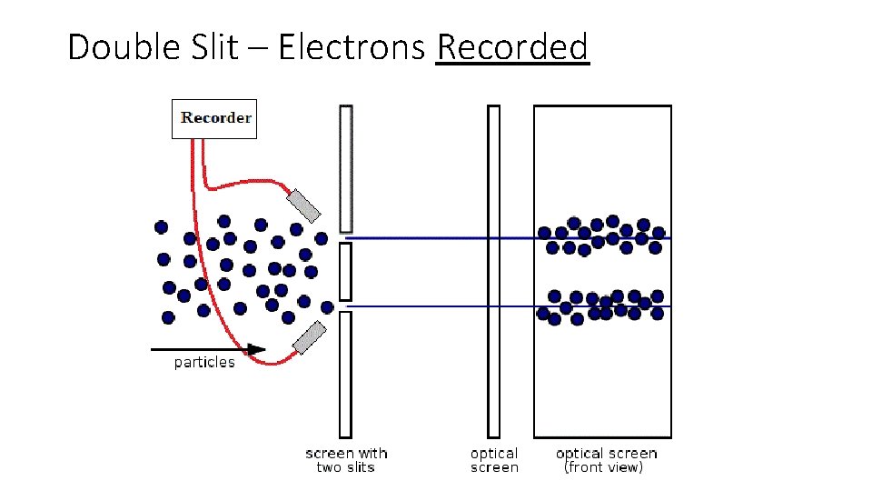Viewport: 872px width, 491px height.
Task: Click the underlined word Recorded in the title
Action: pos(512,47)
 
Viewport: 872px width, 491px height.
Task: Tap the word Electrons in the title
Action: pos(351,47)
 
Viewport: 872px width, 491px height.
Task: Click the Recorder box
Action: pos(214,119)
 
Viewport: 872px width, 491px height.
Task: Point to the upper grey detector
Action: pos(303,205)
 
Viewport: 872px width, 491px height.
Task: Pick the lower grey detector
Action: pos(309,337)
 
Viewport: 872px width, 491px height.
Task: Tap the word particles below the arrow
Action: pos(204,363)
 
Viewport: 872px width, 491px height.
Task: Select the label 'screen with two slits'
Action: pos(346,460)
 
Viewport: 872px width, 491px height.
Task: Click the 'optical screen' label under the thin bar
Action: pos(494,460)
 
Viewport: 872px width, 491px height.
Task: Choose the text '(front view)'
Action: pos(604,467)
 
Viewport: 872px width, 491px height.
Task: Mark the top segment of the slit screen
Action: pos(345,168)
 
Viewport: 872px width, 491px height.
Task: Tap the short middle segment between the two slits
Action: pos(345,271)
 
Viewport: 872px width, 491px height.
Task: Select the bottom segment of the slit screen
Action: pos(345,374)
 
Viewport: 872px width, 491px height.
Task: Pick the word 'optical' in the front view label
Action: pos(580,454)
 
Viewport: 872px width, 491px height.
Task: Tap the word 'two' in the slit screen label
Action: pos(330,467)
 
